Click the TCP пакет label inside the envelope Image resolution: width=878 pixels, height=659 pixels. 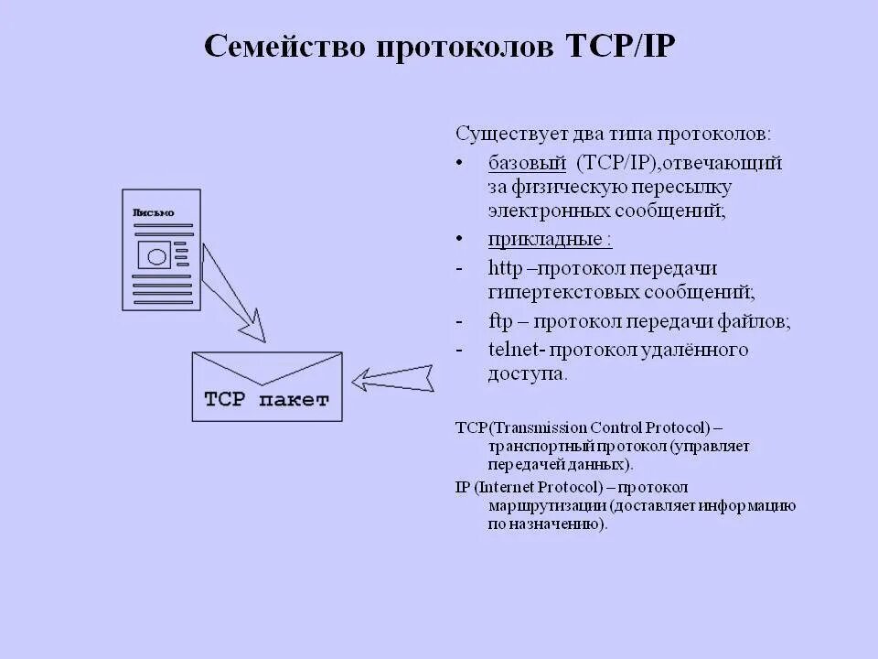266,400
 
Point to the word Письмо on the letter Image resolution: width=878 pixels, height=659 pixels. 153,212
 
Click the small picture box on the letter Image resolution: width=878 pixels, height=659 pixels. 153,255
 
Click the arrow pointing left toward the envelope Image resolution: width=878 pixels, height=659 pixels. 393,378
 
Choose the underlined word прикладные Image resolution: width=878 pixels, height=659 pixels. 549,240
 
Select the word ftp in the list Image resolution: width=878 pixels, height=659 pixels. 500,322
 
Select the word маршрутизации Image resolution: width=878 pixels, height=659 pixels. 547,506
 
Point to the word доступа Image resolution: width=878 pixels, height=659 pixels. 527,374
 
